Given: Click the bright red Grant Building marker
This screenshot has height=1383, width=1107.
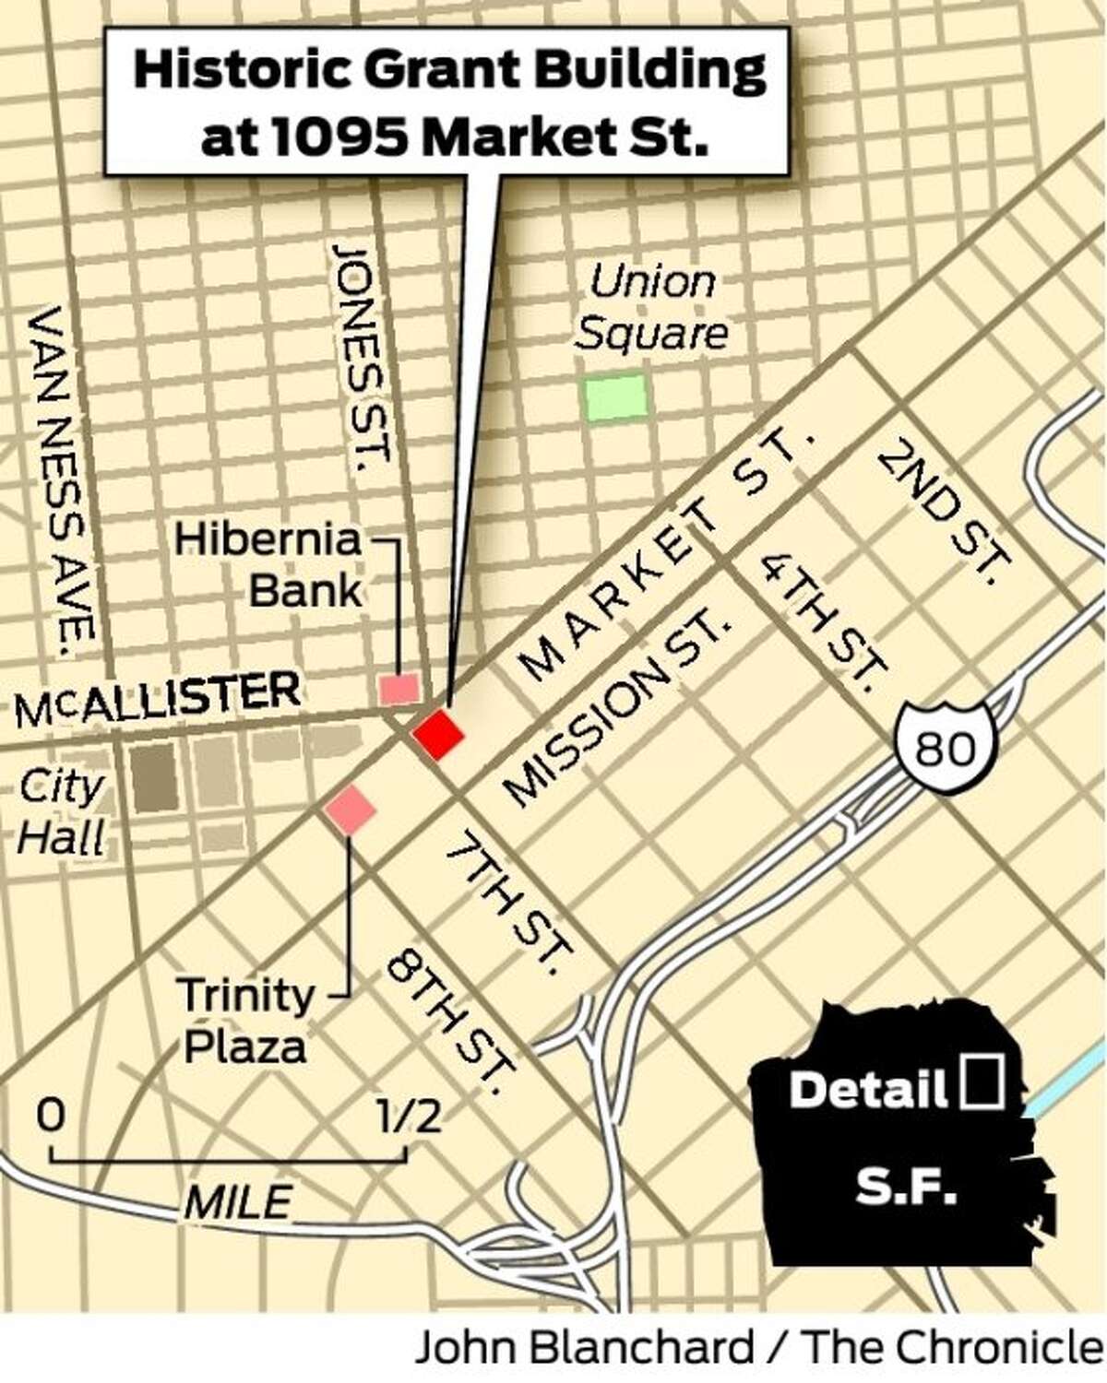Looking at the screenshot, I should click(x=437, y=735).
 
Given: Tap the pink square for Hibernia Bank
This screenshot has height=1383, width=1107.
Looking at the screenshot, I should click(x=400, y=689).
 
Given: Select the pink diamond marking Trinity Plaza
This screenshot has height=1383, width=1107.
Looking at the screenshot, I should click(x=350, y=811).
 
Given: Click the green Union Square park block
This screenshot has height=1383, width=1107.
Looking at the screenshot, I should click(x=615, y=397).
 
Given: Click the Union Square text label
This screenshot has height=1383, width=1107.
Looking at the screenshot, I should click(x=651, y=308).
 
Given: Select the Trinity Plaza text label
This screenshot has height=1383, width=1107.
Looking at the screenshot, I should click(x=245, y=1021).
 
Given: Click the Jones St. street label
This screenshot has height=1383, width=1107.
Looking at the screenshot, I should click(x=363, y=352).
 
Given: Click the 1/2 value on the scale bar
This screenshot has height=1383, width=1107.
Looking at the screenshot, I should click(x=408, y=1117).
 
